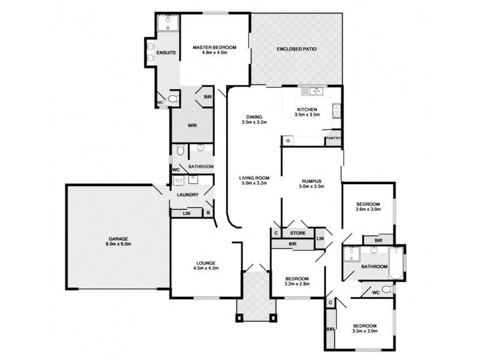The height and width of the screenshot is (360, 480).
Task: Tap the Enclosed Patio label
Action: click(x=296, y=49)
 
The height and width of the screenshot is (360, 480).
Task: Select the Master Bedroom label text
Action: click(x=214, y=47)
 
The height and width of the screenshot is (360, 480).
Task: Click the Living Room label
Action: click(x=253, y=178)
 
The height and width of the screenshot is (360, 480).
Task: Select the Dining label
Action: click(x=253, y=116)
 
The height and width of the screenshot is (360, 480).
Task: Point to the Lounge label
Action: click(x=205, y=263)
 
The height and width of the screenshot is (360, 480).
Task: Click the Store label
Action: click(x=298, y=233)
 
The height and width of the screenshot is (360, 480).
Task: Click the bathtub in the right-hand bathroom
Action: click(x=397, y=263)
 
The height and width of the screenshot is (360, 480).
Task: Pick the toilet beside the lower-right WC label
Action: click(x=387, y=290)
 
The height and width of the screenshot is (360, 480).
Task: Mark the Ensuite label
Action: click(x=166, y=53)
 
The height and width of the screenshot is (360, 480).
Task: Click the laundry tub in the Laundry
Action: click(x=179, y=179)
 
